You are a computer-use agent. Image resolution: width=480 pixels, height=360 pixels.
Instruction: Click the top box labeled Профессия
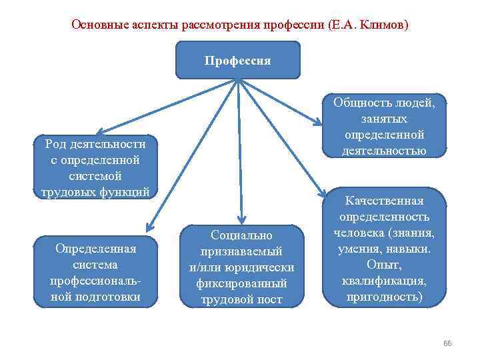[238, 60]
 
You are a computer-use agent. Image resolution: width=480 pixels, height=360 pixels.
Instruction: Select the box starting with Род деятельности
[94, 168]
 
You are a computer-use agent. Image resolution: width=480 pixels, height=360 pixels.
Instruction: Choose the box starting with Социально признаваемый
[241, 267]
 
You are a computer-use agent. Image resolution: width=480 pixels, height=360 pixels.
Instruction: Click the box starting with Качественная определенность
[383, 249]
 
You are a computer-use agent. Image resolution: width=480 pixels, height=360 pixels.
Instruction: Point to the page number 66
[447, 343]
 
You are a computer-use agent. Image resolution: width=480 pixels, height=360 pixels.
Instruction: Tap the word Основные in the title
[97, 25]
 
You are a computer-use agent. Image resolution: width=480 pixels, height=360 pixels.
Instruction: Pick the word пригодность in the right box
[383, 296]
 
